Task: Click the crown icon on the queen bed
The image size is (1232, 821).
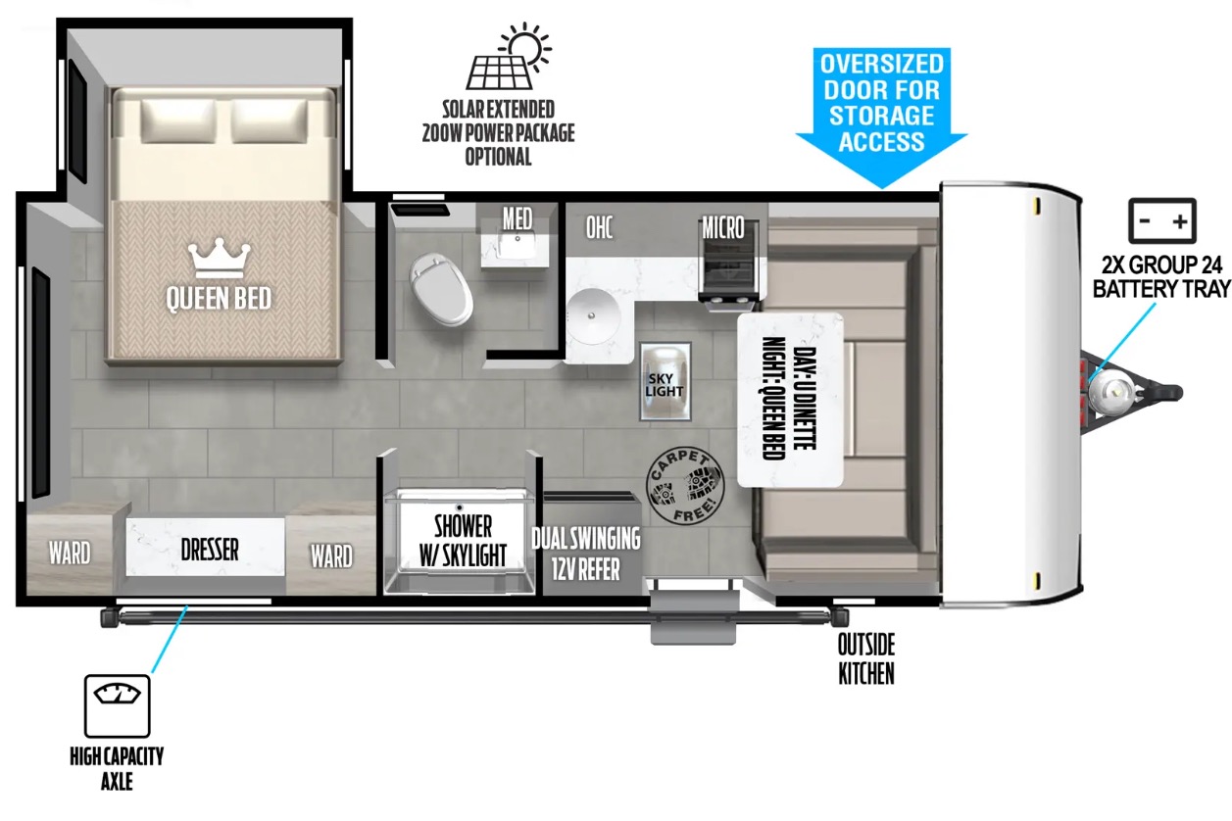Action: tap(219, 258)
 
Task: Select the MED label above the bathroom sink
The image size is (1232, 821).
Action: tap(517, 218)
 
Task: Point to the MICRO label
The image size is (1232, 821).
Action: tap(723, 227)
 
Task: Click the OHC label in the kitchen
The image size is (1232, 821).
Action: tap(599, 227)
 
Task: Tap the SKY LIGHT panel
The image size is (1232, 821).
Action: tap(665, 382)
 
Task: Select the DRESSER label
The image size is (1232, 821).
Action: tap(210, 550)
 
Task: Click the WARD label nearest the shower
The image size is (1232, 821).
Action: tap(331, 555)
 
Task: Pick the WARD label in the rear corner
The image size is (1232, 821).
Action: tap(70, 553)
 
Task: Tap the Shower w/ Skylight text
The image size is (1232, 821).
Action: tap(463, 541)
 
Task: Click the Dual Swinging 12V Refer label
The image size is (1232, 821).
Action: tap(586, 554)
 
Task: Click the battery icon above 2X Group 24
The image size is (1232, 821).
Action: tap(1162, 220)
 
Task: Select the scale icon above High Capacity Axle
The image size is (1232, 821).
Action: tap(118, 706)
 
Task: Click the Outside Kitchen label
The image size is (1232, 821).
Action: tap(866, 658)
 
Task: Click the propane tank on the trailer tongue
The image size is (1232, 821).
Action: tap(1110, 393)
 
